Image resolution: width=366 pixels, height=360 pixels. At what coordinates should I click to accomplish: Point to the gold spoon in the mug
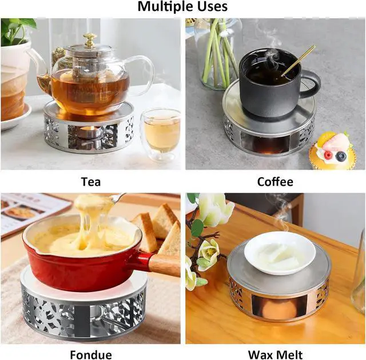pyautogui.click(x=298, y=61)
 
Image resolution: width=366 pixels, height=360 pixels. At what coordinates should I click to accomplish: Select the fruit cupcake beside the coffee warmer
pyautogui.click(x=332, y=150)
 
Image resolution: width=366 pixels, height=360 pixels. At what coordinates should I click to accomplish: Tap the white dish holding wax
pyautogui.click(x=280, y=253)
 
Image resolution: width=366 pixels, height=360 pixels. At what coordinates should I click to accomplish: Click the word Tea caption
pyautogui.click(x=91, y=182)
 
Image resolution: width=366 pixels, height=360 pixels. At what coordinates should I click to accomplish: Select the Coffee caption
pyautogui.click(x=275, y=182)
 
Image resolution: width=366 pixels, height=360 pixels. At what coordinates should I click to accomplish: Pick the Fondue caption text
pyautogui.click(x=91, y=355)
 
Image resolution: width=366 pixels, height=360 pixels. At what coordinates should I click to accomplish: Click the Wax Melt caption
pyautogui.click(x=275, y=355)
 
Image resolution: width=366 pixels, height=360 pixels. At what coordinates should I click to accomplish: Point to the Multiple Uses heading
pyautogui.click(x=182, y=6)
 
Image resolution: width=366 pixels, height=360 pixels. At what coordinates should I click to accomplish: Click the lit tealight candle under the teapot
pyautogui.click(x=89, y=133)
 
